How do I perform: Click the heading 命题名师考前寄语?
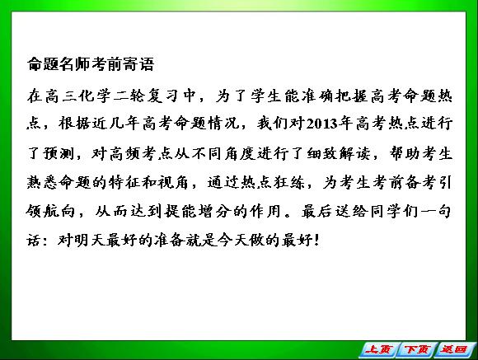pyautogui.click(x=91, y=64)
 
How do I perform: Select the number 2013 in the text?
pyautogui.click(x=322, y=124)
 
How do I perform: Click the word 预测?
pyautogui.click(x=59, y=153)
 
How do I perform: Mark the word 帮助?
pyautogui.click(x=405, y=153)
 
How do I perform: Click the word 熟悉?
pyautogui.click(x=42, y=182)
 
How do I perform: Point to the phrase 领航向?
pyautogui.click(x=50, y=211)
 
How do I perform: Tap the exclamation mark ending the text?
pyautogui.click(x=316, y=240)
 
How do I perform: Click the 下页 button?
pyautogui.click(x=417, y=349)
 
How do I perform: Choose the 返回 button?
pyautogui.click(x=454, y=349)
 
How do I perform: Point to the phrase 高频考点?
pyautogui.click(x=141, y=153)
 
